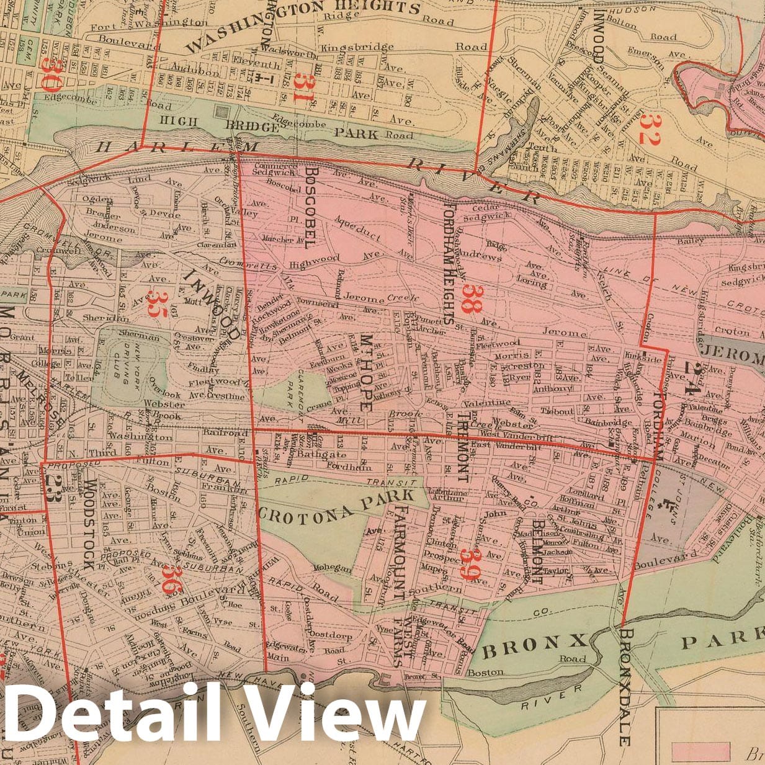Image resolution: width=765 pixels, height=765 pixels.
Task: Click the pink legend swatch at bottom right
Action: pos(700,751)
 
